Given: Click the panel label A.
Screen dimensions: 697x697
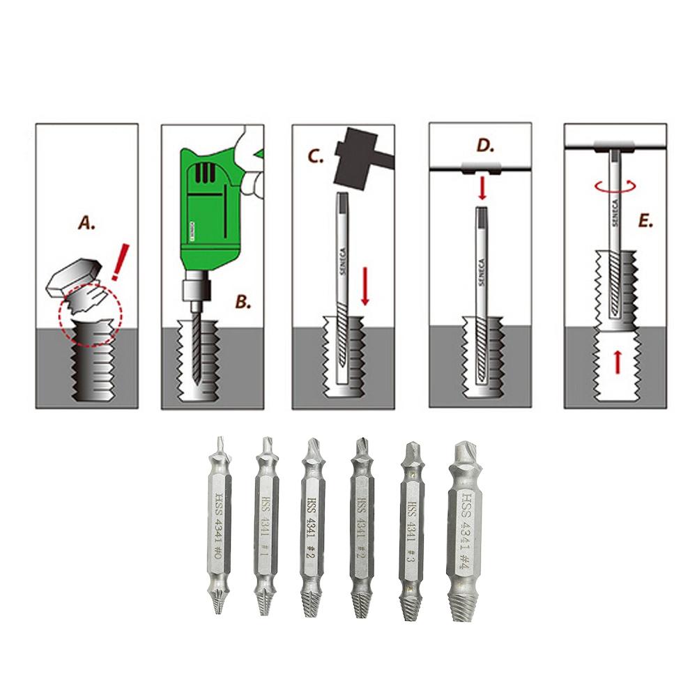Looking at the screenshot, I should point(86,224).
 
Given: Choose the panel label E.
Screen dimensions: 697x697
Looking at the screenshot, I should point(645,222).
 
